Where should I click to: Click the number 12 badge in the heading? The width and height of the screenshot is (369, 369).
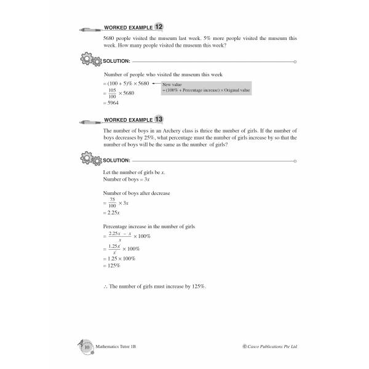[x=159, y=27]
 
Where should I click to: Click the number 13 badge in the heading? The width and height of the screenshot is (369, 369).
[x=159, y=119]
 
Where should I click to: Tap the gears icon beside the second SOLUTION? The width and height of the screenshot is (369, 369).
[x=91, y=159]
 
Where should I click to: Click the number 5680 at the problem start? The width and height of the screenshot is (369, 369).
[x=112, y=38]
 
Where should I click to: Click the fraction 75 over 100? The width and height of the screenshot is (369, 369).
[x=113, y=202]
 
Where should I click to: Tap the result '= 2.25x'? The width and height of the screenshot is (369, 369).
[x=114, y=212]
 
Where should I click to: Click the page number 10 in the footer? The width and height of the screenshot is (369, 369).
[x=87, y=347]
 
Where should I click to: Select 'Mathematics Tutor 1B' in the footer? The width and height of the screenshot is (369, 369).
[x=117, y=347]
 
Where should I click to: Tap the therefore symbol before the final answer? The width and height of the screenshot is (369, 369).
[x=107, y=287]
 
